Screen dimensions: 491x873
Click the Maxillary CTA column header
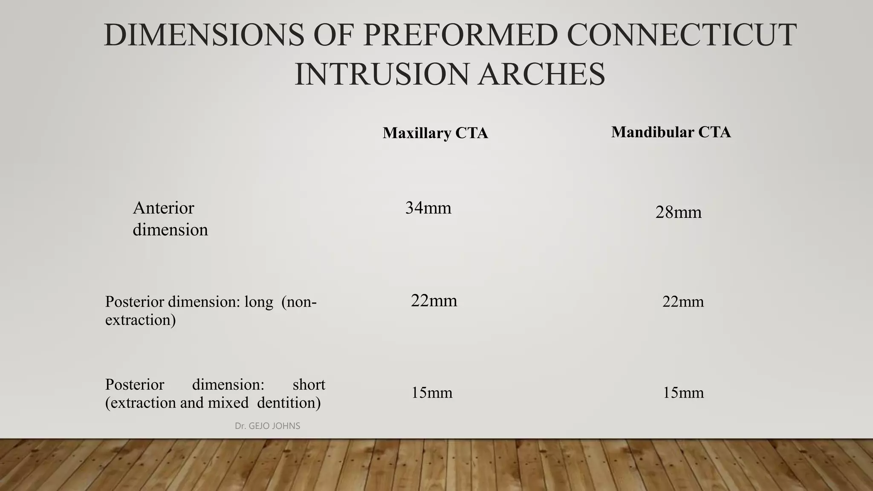pyautogui.click(x=435, y=133)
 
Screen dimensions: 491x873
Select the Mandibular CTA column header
pyautogui.click(x=671, y=132)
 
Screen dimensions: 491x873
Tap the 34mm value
pyautogui.click(x=428, y=208)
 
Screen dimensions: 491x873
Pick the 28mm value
pyautogui.click(x=678, y=212)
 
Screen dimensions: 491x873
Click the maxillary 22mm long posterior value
pyautogui.click(x=434, y=301)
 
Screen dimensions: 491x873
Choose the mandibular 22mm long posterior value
pyautogui.click(x=683, y=302)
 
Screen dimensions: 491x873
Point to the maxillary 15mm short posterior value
pyautogui.click(x=431, y=393)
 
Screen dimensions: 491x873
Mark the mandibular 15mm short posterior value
pyautogui.click(x=683, y=393)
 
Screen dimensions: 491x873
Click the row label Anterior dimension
pyautogui.click(x=170, y=219)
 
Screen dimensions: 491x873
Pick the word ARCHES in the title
pyautogui.click(x=541, y=74)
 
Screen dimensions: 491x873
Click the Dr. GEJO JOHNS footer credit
pyautogui.click(x=267, y=426)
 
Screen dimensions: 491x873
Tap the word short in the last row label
pyautogui.click(x=309, y=384)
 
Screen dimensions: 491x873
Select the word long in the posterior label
pyautogui.click(x=258, y=302)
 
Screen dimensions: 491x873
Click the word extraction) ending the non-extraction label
pyautogui.click(x=140, y=320)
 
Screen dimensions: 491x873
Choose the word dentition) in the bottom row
pyautogui.click(x=289, y=402)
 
